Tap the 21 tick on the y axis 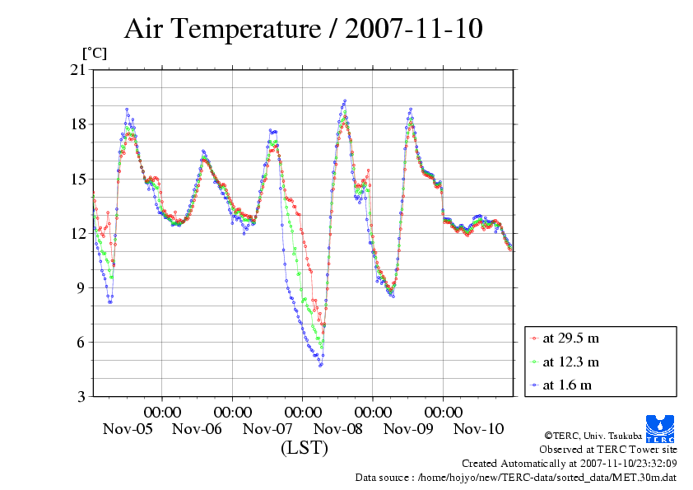point(78,70)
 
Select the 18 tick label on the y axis point(78,124)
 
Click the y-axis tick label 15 point(78,179)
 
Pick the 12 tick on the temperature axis point(78,233)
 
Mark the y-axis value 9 point(81,287)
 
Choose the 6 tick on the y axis point(81,342)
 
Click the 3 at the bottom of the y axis point(81,396)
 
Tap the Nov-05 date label point(128,429)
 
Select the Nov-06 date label point(198,429)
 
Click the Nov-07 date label point(268,429)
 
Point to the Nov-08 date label point(338,429)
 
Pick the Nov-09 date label point(409,429)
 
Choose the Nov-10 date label point(479,429)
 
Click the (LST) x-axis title point(304,448)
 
